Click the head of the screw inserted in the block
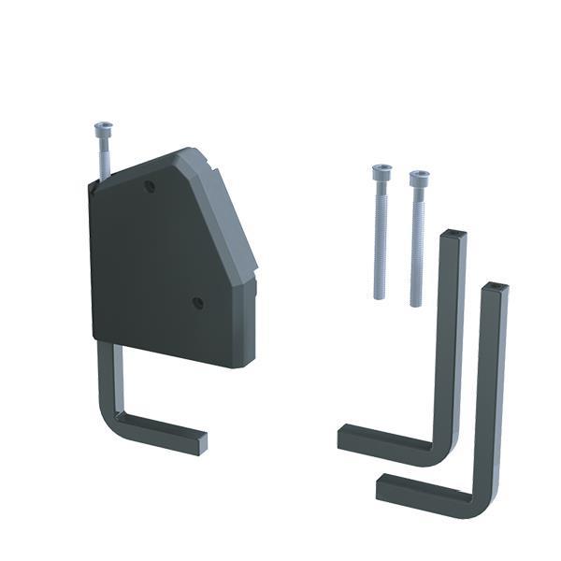(x=103, y=127)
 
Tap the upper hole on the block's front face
(x=150, y=186)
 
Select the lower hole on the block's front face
(x=197, y=303)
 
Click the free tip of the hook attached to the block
(x=200, y=443)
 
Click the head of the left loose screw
(x=381, y=172)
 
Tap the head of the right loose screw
(x=419, y=177)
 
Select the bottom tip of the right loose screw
(x=416, y=303)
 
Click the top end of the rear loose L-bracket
(x=453, y=234)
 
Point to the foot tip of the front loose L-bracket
(x=383, y=487)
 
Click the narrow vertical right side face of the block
(x=248, y=323)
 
